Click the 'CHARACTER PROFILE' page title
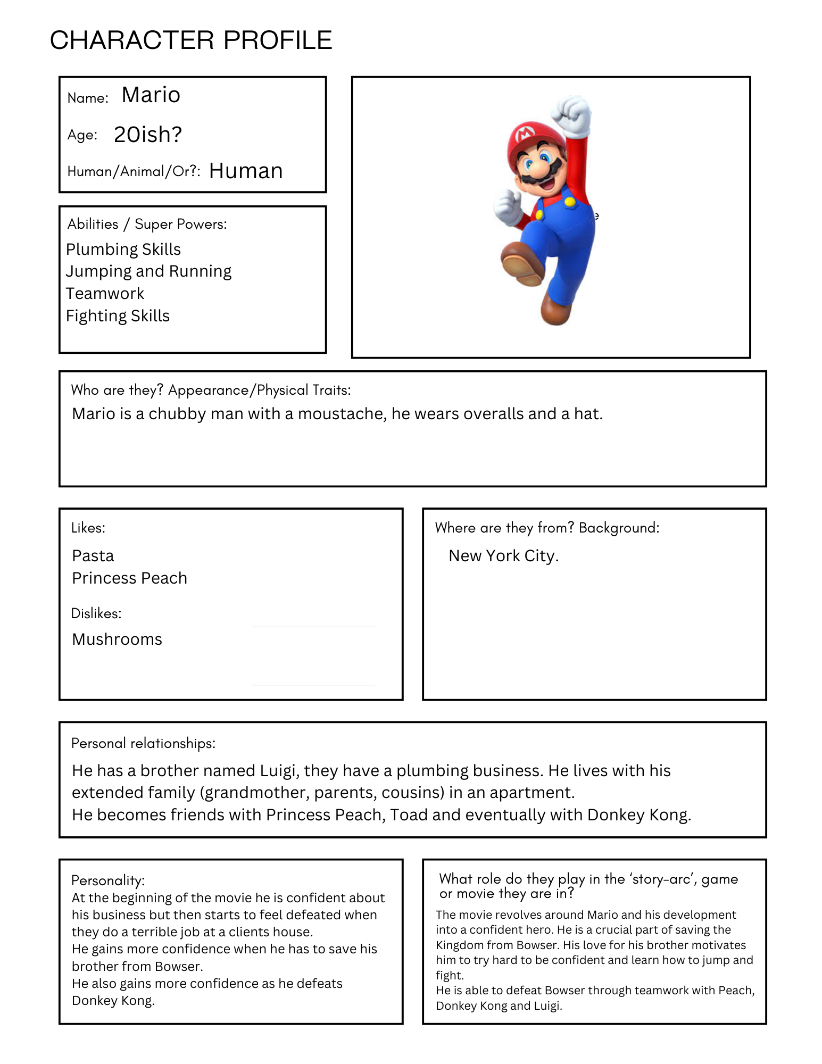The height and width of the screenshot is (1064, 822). tap(191, 40)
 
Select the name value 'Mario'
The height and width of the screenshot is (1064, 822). tap(151, 95)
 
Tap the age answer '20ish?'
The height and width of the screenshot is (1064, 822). tap(148, 135)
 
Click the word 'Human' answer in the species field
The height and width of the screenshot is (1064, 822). tap(246, 171)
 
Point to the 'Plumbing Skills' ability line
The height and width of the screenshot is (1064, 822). tap(123, 249)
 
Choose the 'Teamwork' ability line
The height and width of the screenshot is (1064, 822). tap(105, 294)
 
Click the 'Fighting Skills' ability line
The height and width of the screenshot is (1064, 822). tap(118, 316)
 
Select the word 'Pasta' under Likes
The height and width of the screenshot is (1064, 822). tap(93, 556)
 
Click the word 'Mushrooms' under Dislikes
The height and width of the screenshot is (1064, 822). tap(117, 639)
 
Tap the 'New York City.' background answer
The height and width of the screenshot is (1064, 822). tap(504, 556)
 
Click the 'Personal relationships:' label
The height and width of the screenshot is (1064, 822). tap(143, 743)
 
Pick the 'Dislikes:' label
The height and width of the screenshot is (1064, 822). tap(96, 613)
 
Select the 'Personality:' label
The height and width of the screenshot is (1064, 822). tap(108, 880)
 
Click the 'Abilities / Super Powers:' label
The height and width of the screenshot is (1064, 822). tap(147, 224)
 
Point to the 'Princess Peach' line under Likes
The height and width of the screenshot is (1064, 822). tap(129, 578)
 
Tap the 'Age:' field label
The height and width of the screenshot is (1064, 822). tap(82, 135)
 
